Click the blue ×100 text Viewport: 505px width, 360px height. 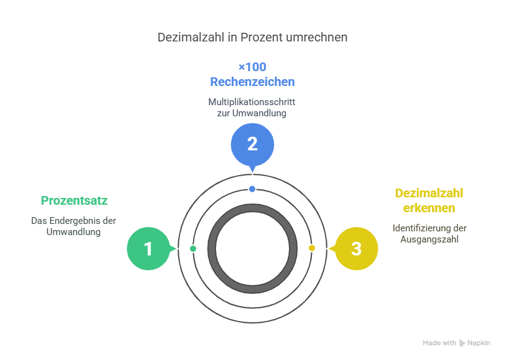(252, 67)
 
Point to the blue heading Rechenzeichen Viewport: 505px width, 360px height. (252, 82)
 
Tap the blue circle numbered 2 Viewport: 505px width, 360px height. (252, 144)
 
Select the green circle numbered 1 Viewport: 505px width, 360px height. (149, 249)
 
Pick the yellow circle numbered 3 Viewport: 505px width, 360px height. (356, 249)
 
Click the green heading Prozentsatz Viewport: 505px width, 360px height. (74, 200)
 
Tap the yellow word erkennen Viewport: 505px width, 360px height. (429, 208)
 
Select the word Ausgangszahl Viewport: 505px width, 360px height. (429, 239)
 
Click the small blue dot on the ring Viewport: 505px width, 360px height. (252, 189)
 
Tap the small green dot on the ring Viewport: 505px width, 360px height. (193, 249)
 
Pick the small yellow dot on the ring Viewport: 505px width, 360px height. (312, 248)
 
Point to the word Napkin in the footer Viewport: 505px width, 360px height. (479, 343)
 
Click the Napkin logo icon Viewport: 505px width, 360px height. (462, 343)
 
